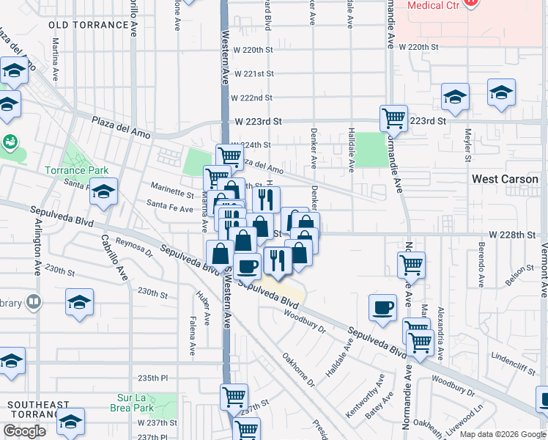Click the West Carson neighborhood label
[505, 179]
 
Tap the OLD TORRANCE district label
[88, 25]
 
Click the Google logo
[24, 431]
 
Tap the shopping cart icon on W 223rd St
[394, 119]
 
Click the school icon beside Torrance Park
[104, 192]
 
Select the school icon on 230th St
[79, 302]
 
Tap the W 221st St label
[252, 74]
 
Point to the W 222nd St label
[251, 98]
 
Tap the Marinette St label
[171, 189]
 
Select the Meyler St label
[466, 144]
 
